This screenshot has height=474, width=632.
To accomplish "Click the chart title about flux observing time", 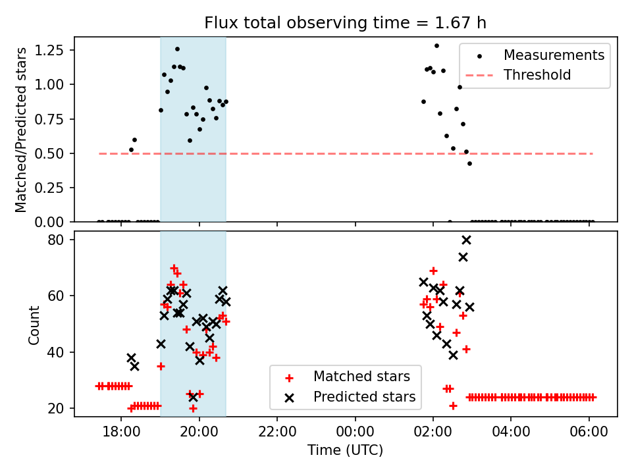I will pyautogui.click(x=346, y=23).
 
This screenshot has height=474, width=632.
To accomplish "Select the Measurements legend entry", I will pyautogui.click(x=554, y=55).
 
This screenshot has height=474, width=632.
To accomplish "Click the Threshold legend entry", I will pyautogui.click(x=537, y=75).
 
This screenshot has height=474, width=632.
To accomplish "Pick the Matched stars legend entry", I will pyautogui.click(x=361, y=377).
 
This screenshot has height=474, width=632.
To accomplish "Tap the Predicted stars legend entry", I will pyautogui.click(x=364, y=397).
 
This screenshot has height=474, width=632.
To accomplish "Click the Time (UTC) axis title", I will pyautogui.click(x=346, y=451).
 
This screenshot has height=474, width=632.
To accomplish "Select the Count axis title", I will pyautogui.click(x=34, y=324).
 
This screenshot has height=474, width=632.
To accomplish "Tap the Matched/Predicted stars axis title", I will pyautogui.click(x=21, y=130).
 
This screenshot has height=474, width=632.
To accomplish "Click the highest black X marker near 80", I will pyautogui.click(x=466, y=240).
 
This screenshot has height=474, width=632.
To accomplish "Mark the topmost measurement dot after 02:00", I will pyautogui.click(x=436, y=45).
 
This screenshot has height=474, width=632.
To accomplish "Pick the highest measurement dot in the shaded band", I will pyautogui.click(x=177, y=49).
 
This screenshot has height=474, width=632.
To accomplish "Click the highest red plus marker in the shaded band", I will pyautogui.click(x=174, y=268).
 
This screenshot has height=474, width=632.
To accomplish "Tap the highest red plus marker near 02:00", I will pyautogui.click(x=433, y=271).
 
